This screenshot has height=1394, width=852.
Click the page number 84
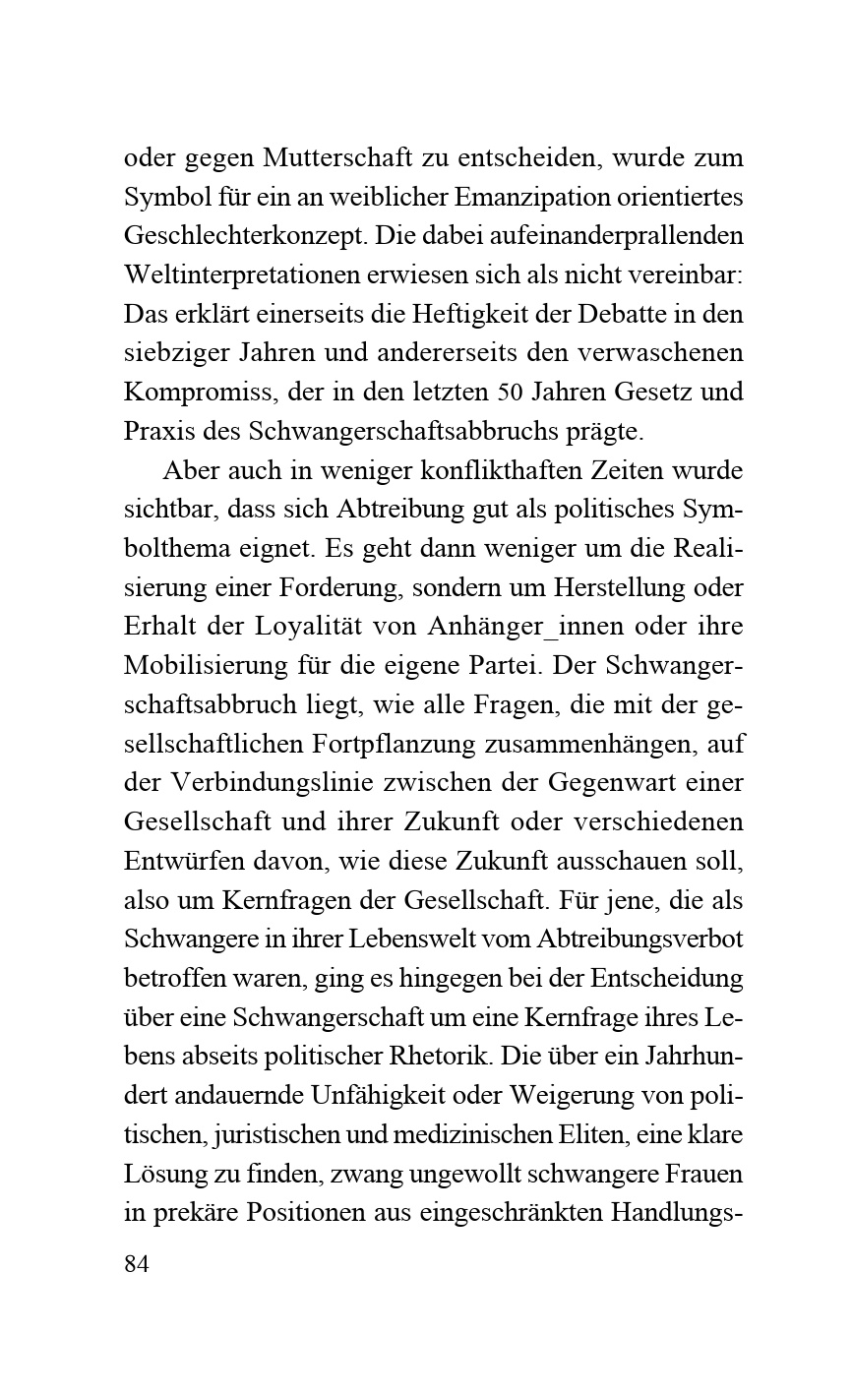pos(137,1265)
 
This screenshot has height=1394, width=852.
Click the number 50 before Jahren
pos(506,392)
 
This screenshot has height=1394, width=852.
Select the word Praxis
pos(156,431)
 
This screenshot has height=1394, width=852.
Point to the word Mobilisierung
pos(204,665)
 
